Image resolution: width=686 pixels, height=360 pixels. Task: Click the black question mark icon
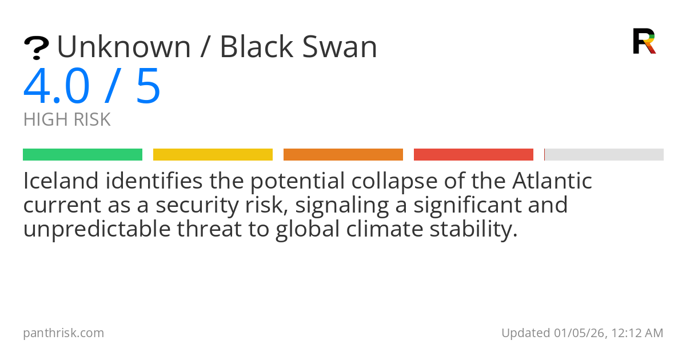pyautogui.click(x=36, y=48)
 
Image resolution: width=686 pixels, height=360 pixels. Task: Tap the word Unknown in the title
pyautogui.click(x=123, y=47)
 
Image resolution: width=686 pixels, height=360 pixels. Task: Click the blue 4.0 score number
pyautogui.click(x=57, y=86)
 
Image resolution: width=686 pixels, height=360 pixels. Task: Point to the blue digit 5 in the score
pyautogui.click(x=148, y=86)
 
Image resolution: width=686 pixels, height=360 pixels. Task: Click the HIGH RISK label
pyautogui.click(x=67, y=120)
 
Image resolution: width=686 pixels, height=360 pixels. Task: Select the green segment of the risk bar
pyautogui.click(x=82, y=155)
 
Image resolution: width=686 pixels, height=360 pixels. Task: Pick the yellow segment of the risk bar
pyautogui.click(x=213, y=155)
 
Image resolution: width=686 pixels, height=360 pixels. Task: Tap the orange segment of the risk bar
pyautogui.click(x=343, y=155)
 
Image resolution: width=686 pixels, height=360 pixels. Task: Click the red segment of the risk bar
pyautogui.click(x=473, y=155)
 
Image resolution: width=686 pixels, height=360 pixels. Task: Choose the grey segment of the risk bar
pyautogui.click(x=604, y=155)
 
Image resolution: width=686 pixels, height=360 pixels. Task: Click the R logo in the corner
pyautogui.click(x=644, y=41)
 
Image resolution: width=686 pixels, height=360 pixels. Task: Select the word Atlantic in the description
pyautogui.click(x=552, y=182)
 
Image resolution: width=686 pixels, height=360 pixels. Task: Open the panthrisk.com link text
pyautogui.click(x=63, y=333)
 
